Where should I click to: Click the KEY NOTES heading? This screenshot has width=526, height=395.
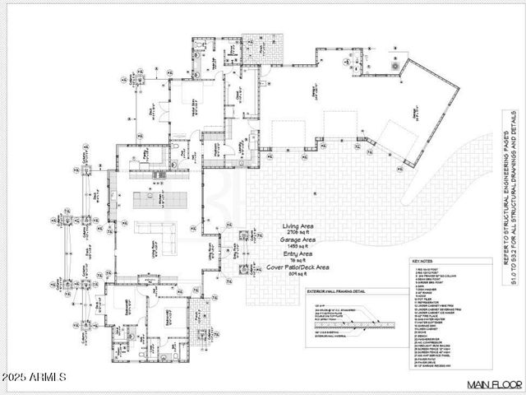pyautogui.click(x=422, y=262)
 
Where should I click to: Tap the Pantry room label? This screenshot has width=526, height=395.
pyautogui.click(x=146, y=152)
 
